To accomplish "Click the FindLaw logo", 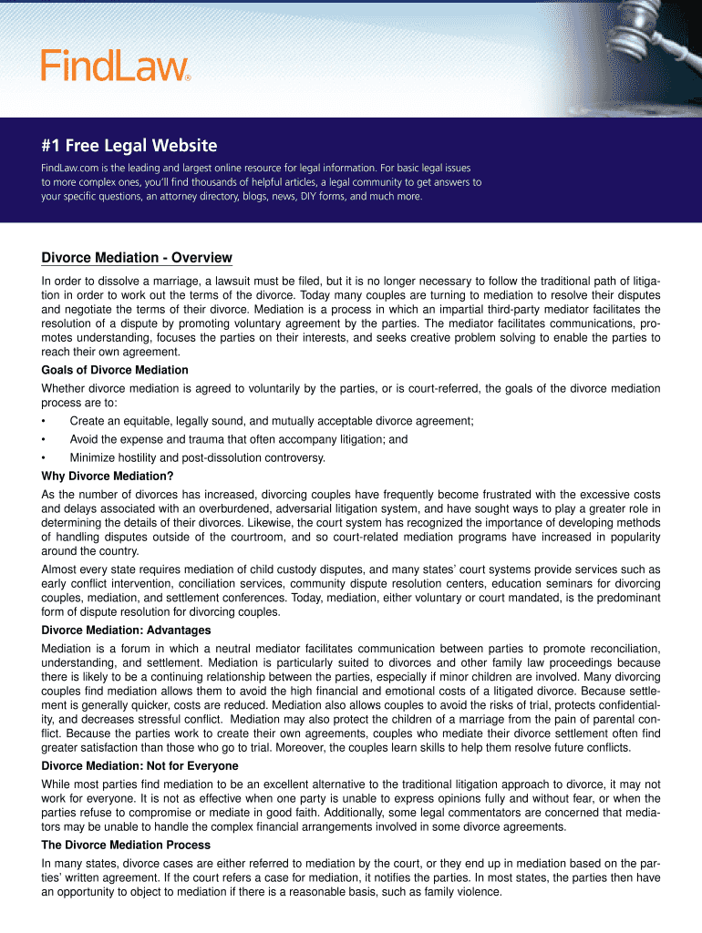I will pyautogui.click(x=113, y=65).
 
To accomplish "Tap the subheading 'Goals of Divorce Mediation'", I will pyautogui.click(x=115, y=370).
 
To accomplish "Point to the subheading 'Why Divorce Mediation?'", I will pyautogui.click(x=108, y=476).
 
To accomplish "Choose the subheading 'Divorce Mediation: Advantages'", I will pyautogui.click(x=126, y=631).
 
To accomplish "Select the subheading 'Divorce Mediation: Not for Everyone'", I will pyautogui.click(x=139, y=766).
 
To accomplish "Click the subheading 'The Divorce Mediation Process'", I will pyautogui.click(x=126, y=845).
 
